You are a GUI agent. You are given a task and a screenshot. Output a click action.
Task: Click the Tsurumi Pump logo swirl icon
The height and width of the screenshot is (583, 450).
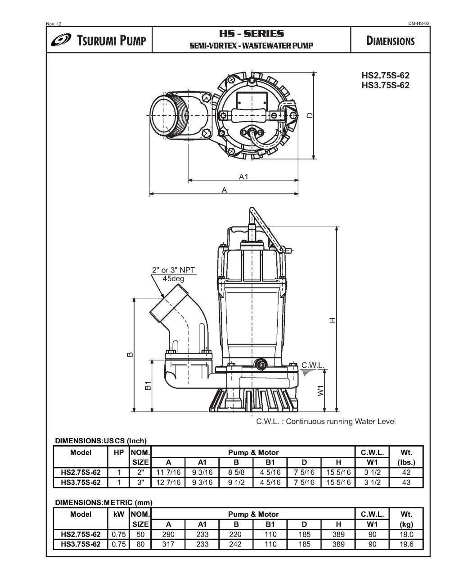point(61,41)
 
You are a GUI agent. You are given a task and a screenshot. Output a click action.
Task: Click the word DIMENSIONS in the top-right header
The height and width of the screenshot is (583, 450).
point(390,41)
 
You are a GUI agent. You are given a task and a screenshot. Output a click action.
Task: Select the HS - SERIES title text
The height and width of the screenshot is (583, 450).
point(251,34)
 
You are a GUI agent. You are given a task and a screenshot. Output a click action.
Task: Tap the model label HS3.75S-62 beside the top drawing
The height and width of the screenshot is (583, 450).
point(385,85)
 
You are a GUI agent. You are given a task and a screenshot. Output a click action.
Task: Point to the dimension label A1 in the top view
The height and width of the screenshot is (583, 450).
point(243,177)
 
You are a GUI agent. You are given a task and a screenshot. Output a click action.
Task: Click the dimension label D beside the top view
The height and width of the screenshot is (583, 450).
point(310,115)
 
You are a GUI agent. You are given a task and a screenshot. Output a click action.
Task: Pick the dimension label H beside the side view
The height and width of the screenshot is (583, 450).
point(332,320)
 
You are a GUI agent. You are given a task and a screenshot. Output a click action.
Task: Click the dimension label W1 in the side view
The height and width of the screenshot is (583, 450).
point(321,390)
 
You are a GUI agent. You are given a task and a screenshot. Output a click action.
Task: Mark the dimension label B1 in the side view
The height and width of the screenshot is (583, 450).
point(148,386)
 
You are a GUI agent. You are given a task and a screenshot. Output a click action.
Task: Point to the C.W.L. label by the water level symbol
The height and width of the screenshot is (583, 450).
point(312,365)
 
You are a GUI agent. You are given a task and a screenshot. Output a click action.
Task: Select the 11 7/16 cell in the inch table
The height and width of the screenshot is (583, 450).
point(168,473)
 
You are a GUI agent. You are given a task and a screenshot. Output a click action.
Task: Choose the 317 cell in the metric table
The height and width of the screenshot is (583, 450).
point(168,544)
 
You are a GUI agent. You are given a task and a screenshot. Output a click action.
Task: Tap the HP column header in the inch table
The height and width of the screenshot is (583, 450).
point(119,452)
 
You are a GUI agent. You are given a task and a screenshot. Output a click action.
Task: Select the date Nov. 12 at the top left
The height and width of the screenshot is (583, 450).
point(54,23)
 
